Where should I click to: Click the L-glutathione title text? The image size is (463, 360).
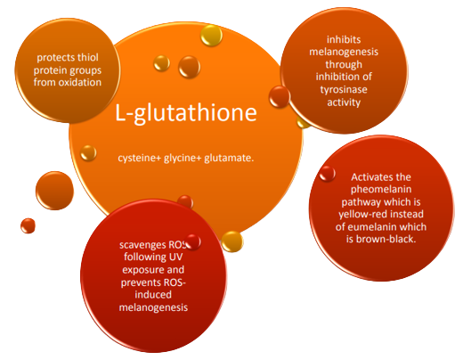186,112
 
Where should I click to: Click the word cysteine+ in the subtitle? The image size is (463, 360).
140,158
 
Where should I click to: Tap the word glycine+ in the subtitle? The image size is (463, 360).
183,158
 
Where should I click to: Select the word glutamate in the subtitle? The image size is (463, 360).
229,158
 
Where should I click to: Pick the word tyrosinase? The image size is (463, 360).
344,90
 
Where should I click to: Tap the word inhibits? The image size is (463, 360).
344,39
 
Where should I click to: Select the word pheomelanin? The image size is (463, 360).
381,190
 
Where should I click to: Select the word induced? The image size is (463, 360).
153,295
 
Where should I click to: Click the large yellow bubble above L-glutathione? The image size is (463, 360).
211,36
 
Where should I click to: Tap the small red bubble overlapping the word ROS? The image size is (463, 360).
193,241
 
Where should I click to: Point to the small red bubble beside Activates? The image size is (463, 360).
328,174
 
